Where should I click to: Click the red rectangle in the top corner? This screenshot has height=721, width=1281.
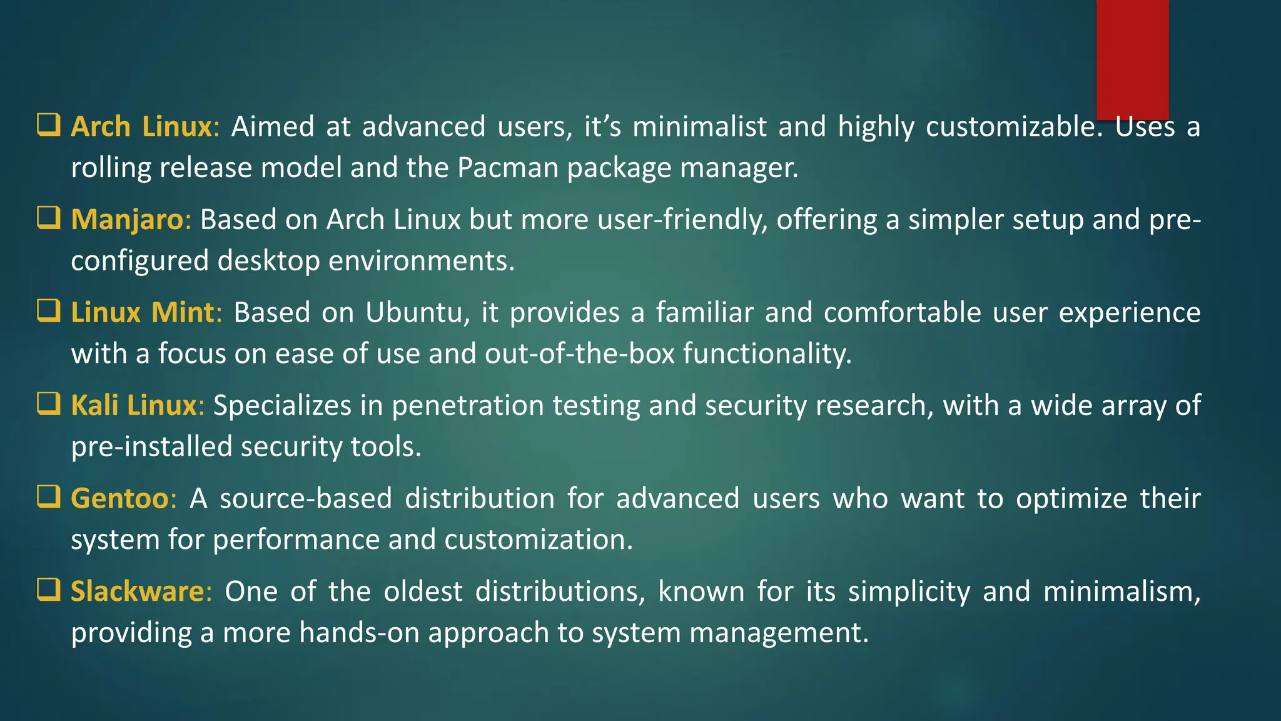[1132, 59]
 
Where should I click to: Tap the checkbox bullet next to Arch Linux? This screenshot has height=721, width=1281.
[48, 125]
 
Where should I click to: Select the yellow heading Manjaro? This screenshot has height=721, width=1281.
[127, 220]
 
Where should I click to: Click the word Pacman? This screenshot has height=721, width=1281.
[507, 168]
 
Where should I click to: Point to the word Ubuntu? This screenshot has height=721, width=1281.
[413, 312]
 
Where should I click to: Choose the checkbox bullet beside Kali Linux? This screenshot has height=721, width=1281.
[48, 404]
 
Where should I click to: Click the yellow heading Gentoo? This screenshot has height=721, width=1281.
[119, 499]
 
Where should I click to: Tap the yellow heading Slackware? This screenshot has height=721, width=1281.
[137, 591]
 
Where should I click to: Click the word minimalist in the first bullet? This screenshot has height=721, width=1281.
[699, 126]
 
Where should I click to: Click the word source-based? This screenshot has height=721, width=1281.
[306, 499]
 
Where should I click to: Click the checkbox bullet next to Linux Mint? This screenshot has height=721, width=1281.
[48, 310]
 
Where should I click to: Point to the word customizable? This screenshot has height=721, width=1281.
[1010, 127]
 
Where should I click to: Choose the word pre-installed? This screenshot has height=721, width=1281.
[151, 447]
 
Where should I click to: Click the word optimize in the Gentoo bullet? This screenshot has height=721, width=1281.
[1071, 499]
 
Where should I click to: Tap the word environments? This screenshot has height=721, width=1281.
[421, 261]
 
